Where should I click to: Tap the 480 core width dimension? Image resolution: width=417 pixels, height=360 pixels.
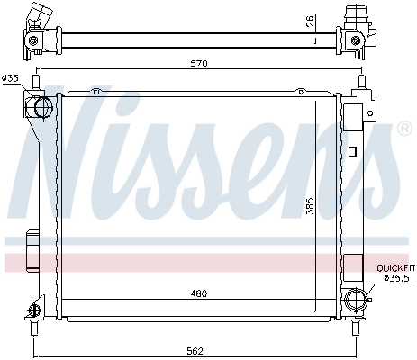[x=200, y=292]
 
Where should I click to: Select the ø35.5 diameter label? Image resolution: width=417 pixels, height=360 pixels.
[x=396, y=278]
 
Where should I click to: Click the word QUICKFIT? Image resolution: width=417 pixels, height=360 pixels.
[x=395, y=268]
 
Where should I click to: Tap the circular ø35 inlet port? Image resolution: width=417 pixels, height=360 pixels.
[x=41, y=109]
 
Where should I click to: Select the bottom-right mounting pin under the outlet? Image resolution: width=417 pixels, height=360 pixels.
[x=360, y=318]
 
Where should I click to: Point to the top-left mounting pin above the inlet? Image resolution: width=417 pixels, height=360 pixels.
[x=36, y=83]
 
